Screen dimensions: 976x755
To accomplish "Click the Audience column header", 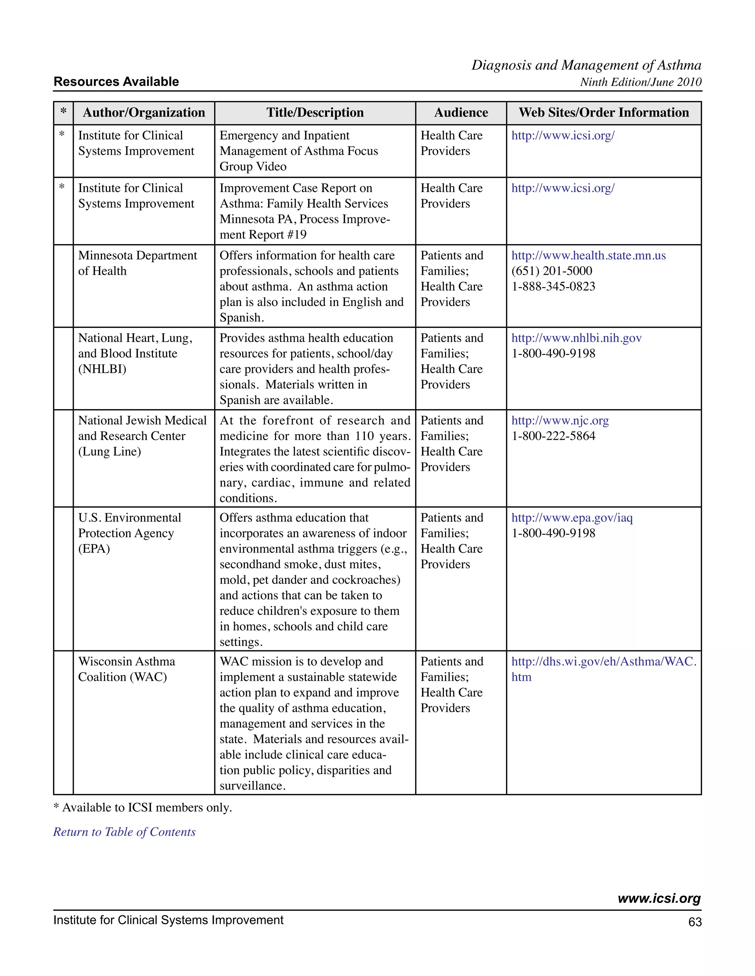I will click(461, 113).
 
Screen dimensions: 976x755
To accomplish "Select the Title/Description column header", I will click(315, 113).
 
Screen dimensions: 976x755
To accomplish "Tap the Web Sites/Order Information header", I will click(603, 113).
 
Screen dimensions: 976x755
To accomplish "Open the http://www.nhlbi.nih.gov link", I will click(576, 338).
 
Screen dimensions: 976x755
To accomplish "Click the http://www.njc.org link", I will click(560, 421).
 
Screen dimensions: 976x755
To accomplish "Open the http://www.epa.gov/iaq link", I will click(572, 518).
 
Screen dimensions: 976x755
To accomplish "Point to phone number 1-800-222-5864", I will click(553, 436).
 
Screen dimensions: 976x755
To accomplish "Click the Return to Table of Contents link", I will click(124, 832).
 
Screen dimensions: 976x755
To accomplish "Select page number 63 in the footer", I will click(695, 922).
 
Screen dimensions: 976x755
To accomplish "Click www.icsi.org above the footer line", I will click(659, 898).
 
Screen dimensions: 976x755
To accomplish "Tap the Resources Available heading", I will click(116, 82).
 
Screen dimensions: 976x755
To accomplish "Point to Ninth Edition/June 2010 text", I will click(640, 82).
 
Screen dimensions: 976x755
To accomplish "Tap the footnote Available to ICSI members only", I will click(143, 808).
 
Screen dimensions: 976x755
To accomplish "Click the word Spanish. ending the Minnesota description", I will click(241, 318).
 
